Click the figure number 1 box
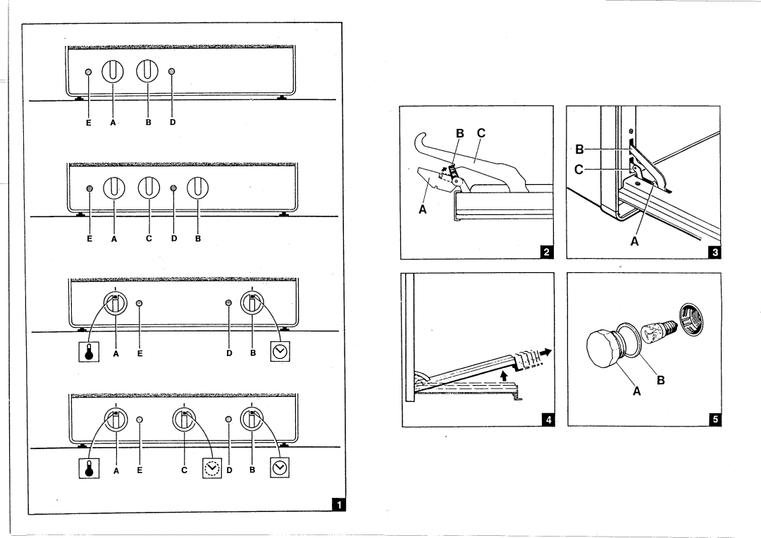coord(339,505)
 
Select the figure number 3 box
coord(714,252)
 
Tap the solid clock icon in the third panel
coord(280,351)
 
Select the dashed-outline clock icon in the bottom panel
coord(211,468)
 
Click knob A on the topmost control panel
coord(114,72)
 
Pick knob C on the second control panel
coord(149,188)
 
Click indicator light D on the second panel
coord(174,188)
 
